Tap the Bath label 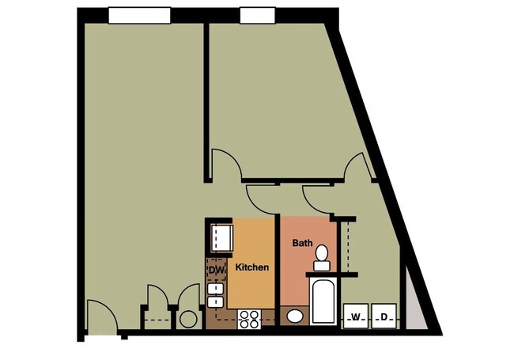pos(302,242)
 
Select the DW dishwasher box pos(217,271)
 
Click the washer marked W pos(356,316)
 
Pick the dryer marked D pos(384,316)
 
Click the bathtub pos(323,301)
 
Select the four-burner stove pos(250,319)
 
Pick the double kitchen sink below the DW pos(216,295)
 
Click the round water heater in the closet pos(188,319)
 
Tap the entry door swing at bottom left pos(100,316)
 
